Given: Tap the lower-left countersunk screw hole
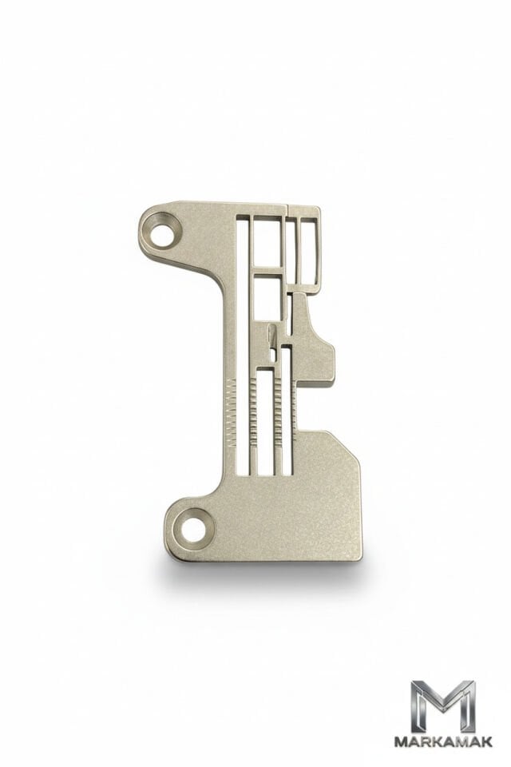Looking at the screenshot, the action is (x=194, y=530).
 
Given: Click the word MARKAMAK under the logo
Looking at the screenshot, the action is (x=443, y=742).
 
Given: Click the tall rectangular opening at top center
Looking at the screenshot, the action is (x=268, y=242).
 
